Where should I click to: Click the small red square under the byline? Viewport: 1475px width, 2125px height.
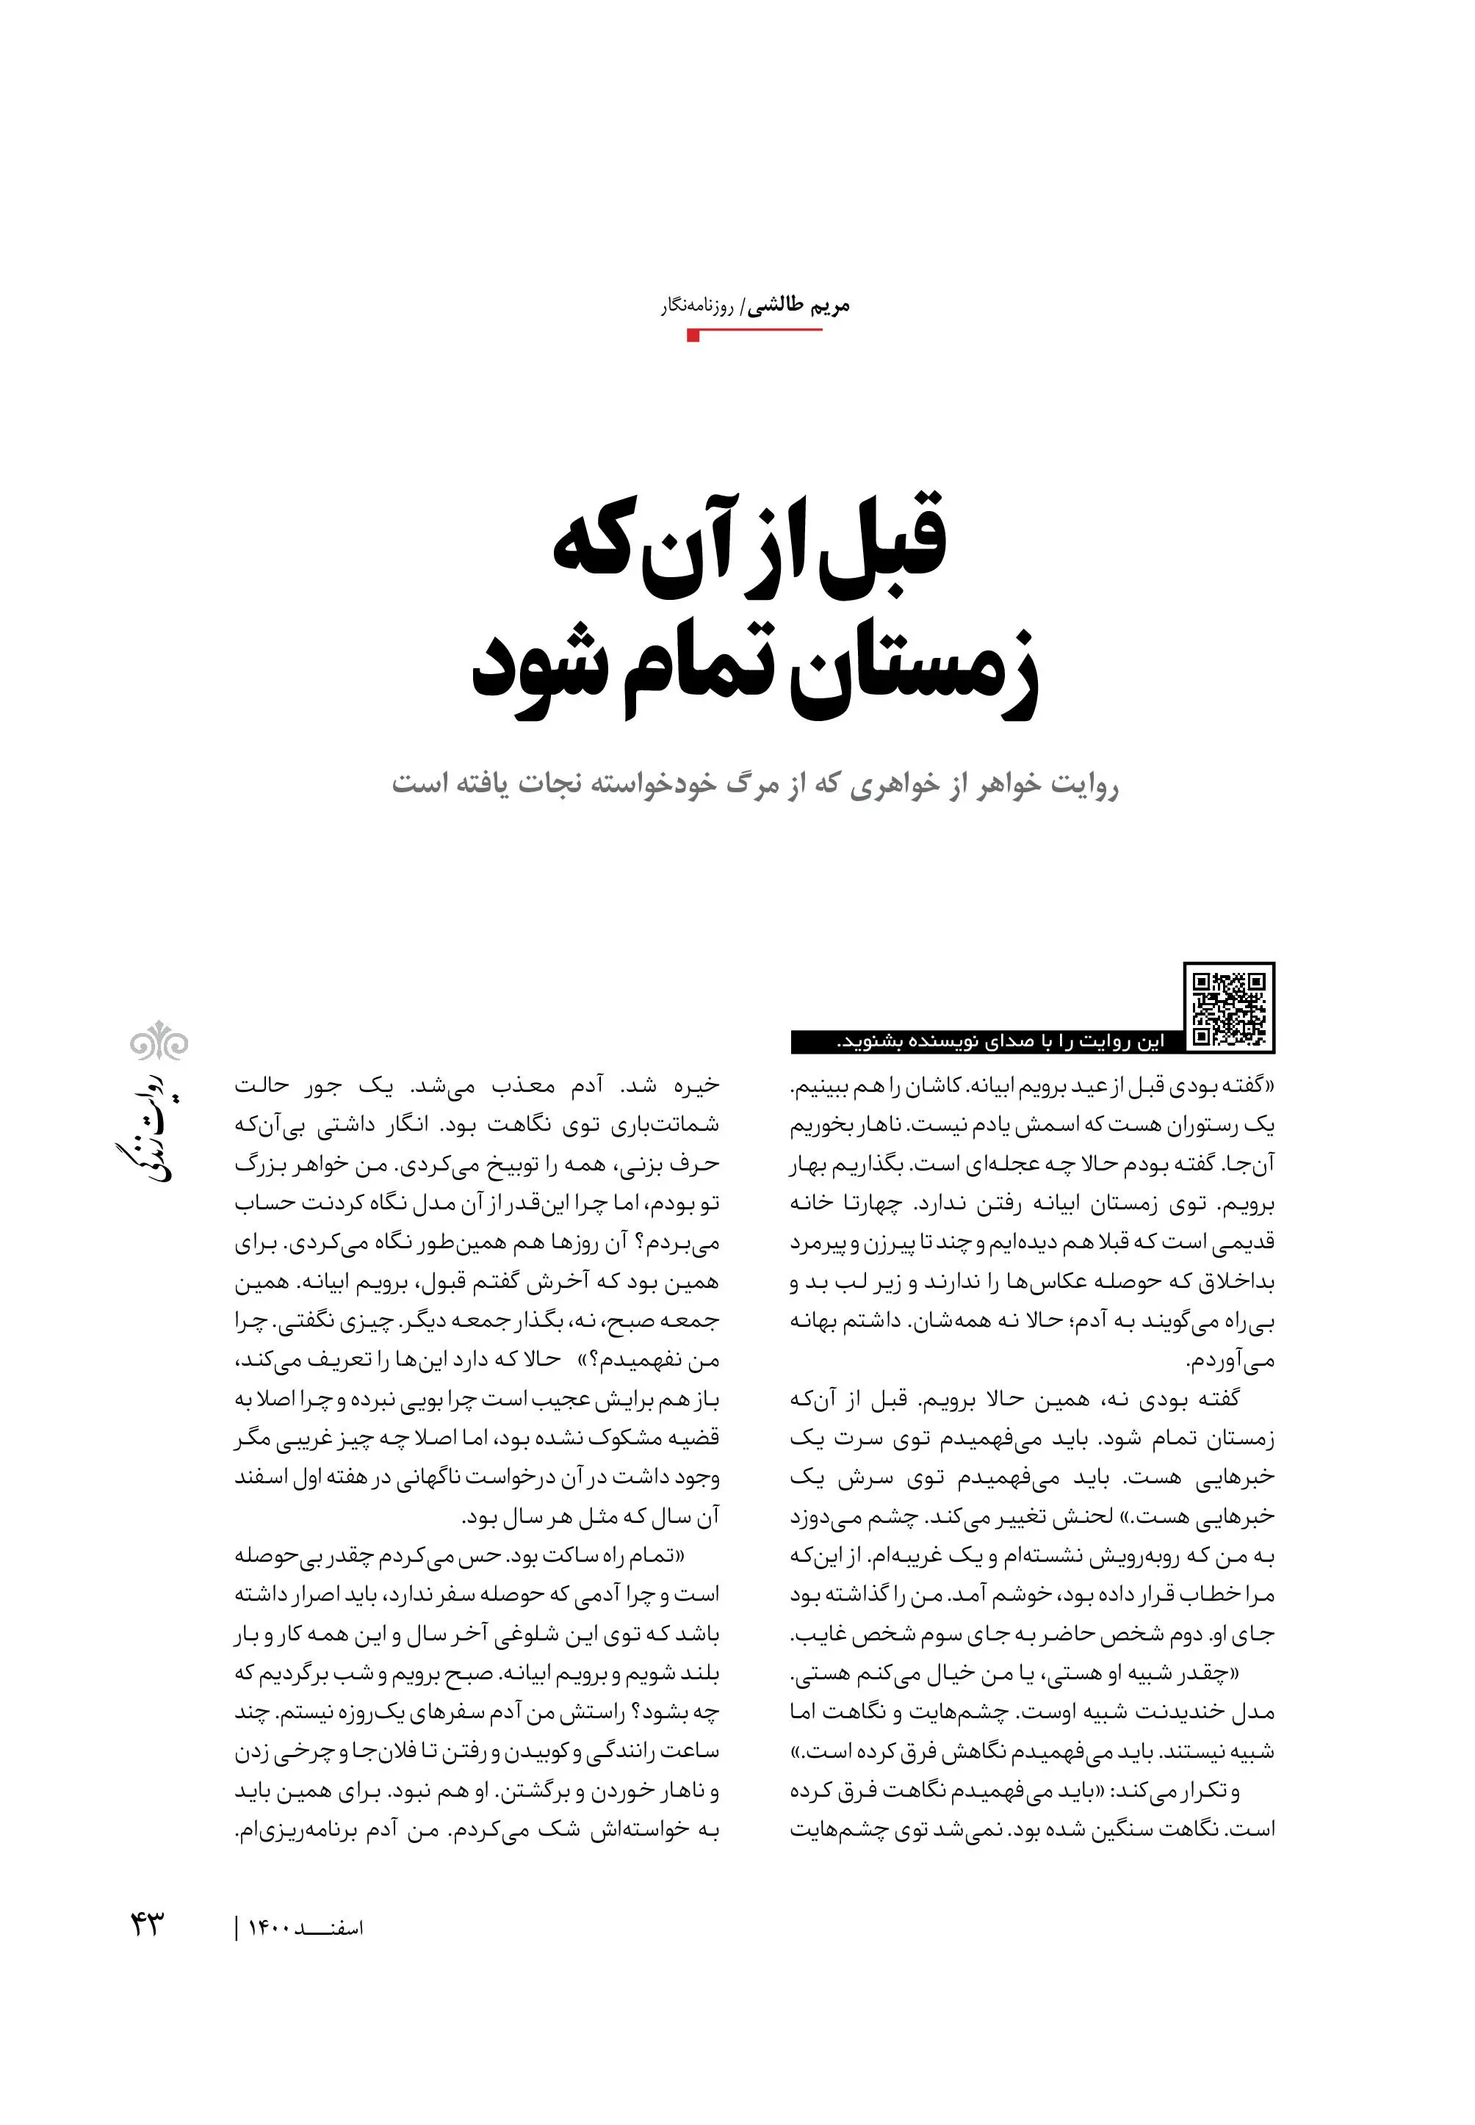(693, 336)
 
